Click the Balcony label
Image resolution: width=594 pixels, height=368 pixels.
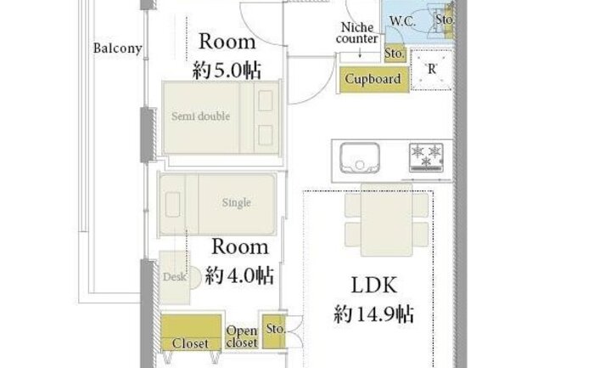click(x=117, y=48)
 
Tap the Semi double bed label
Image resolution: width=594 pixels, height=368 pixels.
click(x=200, y=116)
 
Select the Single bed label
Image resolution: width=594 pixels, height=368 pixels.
click(x=237, y=202)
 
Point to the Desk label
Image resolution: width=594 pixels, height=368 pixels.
click(x=175, y=277)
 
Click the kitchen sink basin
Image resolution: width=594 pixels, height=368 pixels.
click(x=360, y=157)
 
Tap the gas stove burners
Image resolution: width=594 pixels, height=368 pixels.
click(x=426, y=156)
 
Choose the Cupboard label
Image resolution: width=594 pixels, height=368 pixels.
click(x=373, y=79)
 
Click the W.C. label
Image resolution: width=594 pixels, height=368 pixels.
click(x=403, y=21)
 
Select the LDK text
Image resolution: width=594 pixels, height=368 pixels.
click(x=374, y=285)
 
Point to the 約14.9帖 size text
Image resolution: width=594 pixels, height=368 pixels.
click(x=374, y=314)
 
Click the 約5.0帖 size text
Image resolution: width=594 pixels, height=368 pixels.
click(x=227, y=71)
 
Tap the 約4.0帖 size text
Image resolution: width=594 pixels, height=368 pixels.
click(x=239, y=275)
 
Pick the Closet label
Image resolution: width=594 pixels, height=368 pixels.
click(x=190, y=343)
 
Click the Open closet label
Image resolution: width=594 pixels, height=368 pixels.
click(x=242, y=337)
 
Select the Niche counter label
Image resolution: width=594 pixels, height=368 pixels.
click(x=357, y=33)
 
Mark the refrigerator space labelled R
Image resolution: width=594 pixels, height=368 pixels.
click(x=431, y=70)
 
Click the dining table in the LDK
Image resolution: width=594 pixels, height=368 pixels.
click(x=386, y=219)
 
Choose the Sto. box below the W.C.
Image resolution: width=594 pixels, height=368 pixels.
click(x=395, y=54)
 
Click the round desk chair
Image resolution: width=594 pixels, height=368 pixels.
click(x=195, y=278)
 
